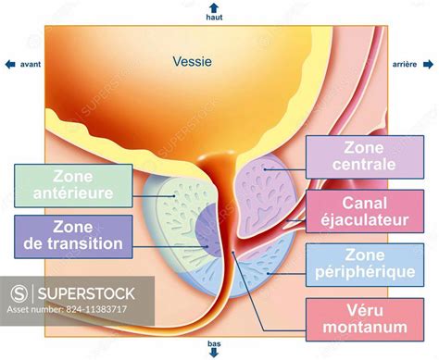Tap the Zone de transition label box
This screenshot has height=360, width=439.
coord(69,235)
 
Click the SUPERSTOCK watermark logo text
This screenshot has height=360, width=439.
coord(85,294)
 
